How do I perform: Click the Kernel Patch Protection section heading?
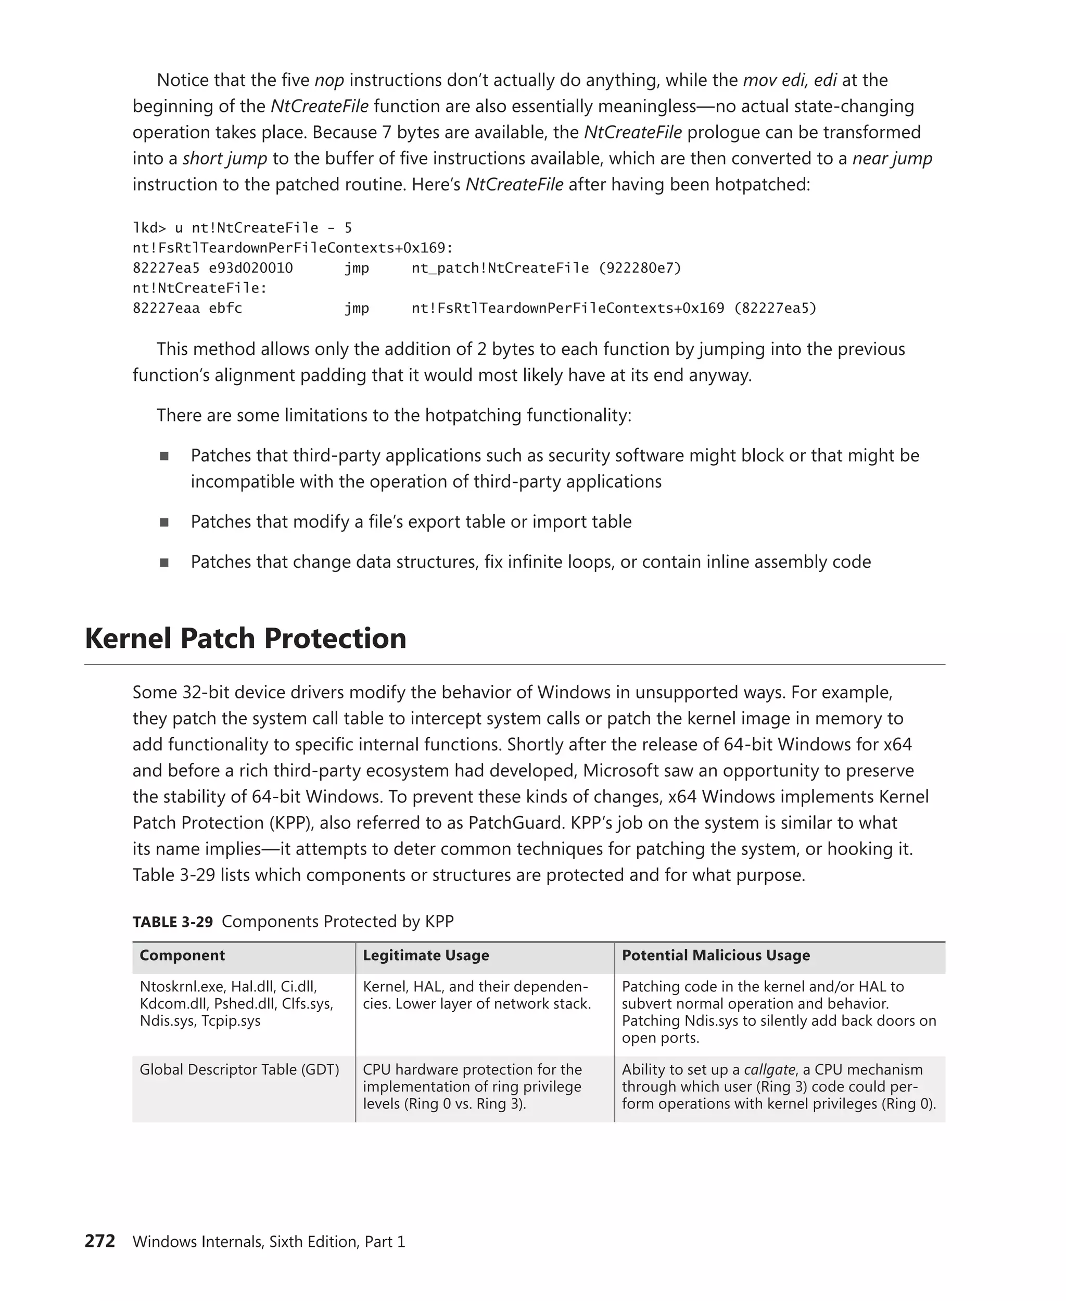[x=246, y=639]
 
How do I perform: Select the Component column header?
[x=182, y=955]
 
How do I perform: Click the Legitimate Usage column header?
[x=426, y=955]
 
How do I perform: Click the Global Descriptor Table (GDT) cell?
[x=239, y=1069]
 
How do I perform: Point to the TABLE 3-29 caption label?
[x=173, y=922]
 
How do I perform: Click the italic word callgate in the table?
[x=769, y=1069]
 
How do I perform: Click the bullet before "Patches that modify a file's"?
[x=164, y=522]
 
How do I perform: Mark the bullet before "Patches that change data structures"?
[x=164, y=563]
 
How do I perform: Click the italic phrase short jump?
[x=224, y=158]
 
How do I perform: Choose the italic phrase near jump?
[x=892, y=158]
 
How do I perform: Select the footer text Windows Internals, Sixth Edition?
[x=246, y=1242]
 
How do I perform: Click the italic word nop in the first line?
[x=329, y=81]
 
